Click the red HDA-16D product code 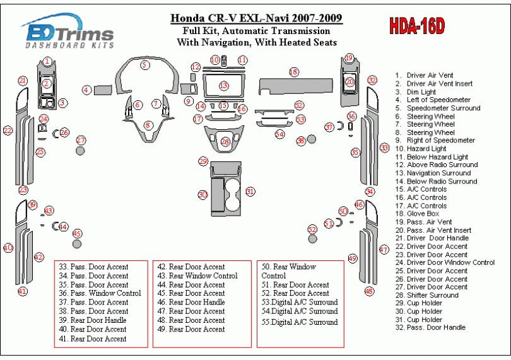[416, 26]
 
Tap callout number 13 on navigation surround [223, 85]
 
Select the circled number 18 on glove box [293, 72]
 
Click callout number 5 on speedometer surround [145, 64]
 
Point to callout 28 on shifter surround [225, 142]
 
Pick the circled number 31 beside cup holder [250, 192]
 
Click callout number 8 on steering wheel [148, 125]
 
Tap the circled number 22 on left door [8, 131]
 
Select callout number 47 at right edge [384, 250]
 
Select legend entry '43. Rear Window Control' [197, 276]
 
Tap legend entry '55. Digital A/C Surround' [300, 322]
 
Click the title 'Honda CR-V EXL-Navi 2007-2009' [257, 18]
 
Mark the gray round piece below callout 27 [80, 151]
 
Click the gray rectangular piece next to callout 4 [103, 90]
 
